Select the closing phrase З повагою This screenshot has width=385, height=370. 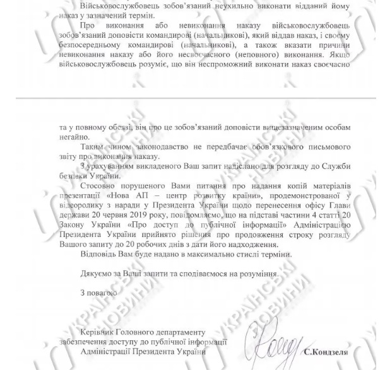(x=98, y=292)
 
